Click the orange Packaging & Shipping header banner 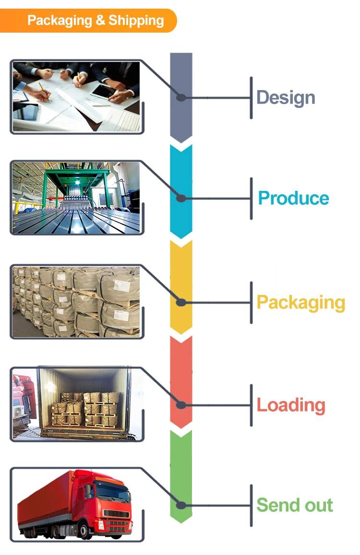coord(91,21)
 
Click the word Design coord(286,97)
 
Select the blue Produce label coord(293,198)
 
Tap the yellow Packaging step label coord(300,302)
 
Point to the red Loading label coord(290,405)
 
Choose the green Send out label coord(294,505)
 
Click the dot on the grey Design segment coord(181,97)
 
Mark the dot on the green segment coord(181,505)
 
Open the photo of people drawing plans coord(76,96)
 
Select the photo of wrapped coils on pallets coord(76,301)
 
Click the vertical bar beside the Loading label coord(251,405)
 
